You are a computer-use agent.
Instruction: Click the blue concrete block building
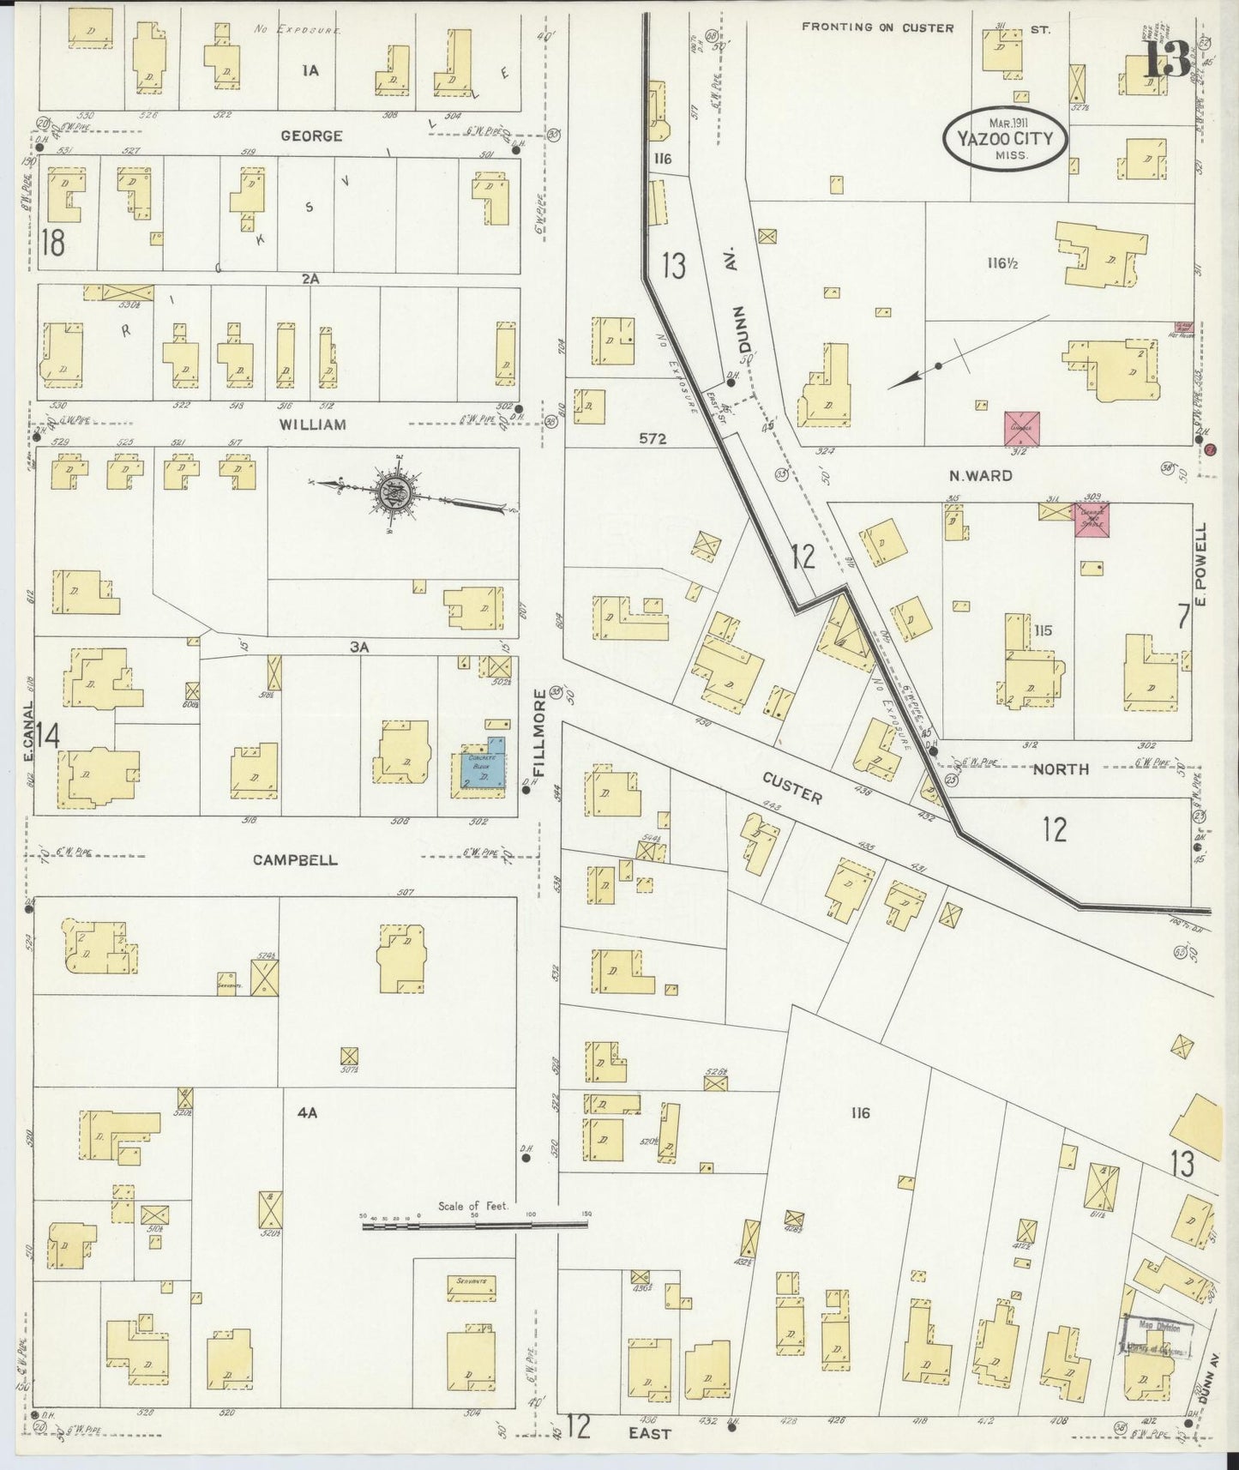(484, 765)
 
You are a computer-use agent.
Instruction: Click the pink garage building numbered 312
(1023, 428)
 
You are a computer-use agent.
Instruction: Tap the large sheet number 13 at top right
(1169, 57)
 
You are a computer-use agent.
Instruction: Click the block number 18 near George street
(51, 244)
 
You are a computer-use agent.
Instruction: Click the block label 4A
(307, 1113)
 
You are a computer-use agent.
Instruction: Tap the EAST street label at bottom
(649, 1433)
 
